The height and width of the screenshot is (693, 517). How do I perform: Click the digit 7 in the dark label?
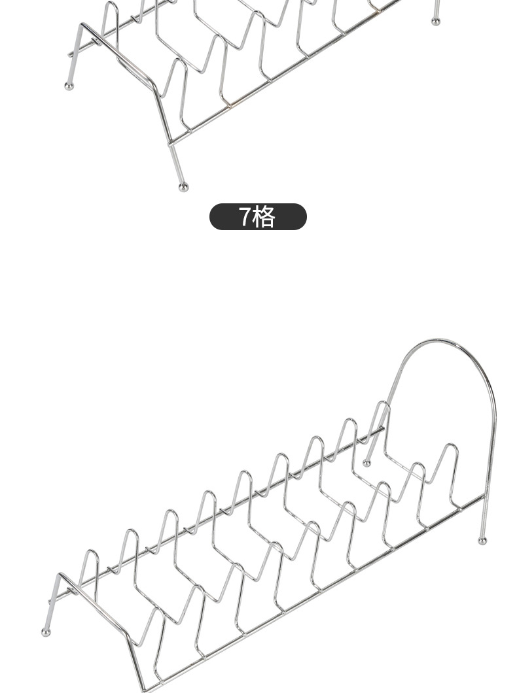coord(244,216)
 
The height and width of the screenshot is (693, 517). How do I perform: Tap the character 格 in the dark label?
coord(264,216)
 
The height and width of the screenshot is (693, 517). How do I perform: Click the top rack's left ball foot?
coord(69,86)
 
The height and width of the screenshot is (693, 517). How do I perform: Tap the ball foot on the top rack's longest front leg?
coord(183,188)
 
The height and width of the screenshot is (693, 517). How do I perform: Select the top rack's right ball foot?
coord(436,22)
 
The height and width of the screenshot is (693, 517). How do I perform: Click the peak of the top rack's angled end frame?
coord(82,25)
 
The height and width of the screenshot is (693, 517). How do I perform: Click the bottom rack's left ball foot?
coord(45,632)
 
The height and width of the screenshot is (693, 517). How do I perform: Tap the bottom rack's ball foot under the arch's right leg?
coord(482,541)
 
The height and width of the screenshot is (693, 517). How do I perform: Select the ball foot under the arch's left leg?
coord(366,464)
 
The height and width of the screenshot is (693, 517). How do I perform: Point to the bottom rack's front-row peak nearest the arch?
coord(450,446)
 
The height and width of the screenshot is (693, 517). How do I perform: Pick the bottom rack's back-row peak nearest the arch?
coord(382,403)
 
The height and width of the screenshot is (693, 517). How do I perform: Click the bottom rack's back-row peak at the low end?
coord(90,552)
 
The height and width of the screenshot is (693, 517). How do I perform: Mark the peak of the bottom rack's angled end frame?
coord(59,575)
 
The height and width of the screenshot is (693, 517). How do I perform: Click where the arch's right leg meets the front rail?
coord(485,498)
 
